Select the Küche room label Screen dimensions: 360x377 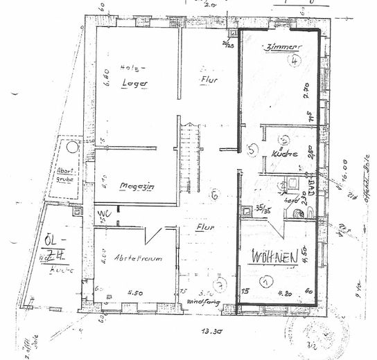tap(284, 154)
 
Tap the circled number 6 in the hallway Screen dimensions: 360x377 tap(215, 195)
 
